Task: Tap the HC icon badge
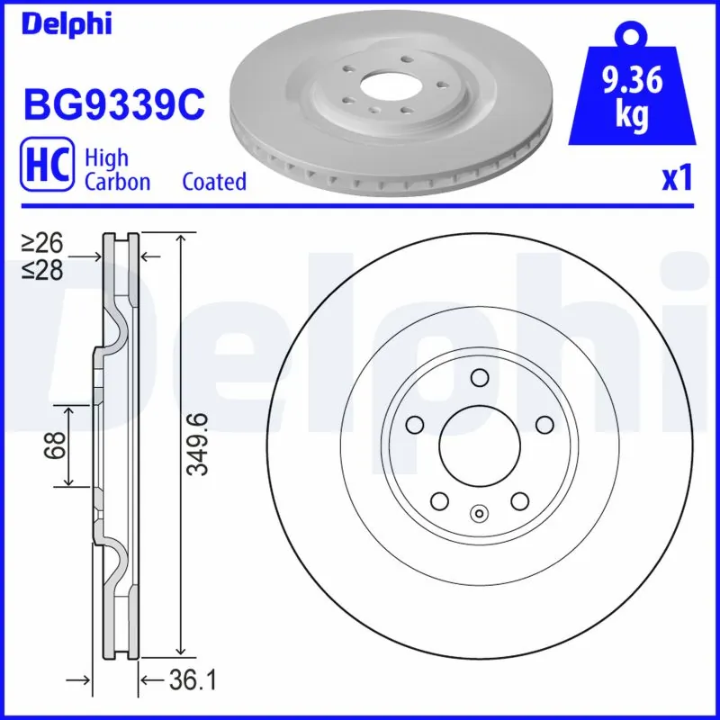[x=47, y=169]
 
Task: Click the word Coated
[x=213, y=182]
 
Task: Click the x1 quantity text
[x=677, y=179]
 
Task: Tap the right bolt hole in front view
[x=544, y=424]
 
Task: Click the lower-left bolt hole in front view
[x=439, y=500]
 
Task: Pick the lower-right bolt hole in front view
[x=519, y=500]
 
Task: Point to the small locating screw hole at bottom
[x=479, y=515]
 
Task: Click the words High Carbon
[x=117, y=169]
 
